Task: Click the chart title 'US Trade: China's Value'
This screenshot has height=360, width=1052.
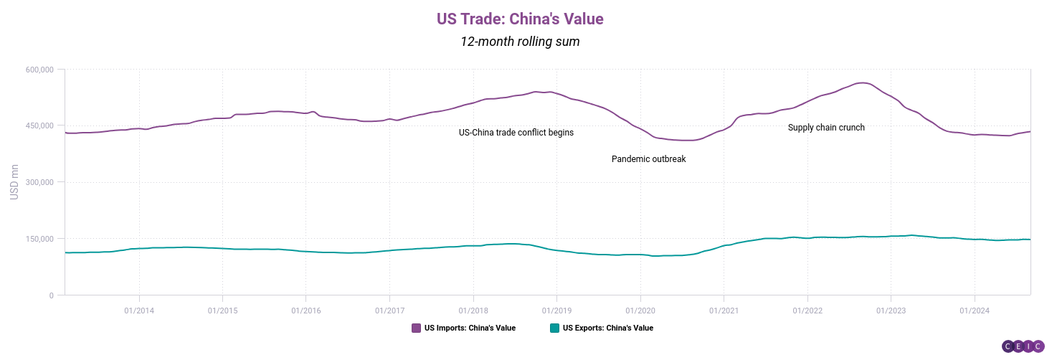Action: pos(520,19)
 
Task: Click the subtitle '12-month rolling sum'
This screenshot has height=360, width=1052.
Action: pos(520,42)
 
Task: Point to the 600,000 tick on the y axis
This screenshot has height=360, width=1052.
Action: pos(39,70)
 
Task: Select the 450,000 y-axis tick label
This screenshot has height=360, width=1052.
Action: pos(39,126)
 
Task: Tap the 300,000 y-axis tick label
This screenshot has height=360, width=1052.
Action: pos(39,182)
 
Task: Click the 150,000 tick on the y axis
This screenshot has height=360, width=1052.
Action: pos(39,239)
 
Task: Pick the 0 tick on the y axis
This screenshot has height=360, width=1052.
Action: pos(51,295)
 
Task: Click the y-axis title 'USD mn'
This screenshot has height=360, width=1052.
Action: pos(14,182)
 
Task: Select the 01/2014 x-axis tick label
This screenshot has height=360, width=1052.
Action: pos(138,310)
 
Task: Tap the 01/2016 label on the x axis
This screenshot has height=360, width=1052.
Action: pos(305,310)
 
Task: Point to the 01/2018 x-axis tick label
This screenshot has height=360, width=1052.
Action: pos(473,310)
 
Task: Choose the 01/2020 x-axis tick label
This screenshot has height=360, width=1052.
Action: pos(640,310)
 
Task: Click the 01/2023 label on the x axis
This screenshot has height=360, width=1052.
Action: pos(891,310)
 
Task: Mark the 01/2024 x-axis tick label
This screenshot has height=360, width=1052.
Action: pos(974,310)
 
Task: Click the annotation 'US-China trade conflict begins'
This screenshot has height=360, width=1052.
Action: pos(516,133)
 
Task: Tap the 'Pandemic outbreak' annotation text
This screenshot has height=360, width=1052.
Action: pos(648,159)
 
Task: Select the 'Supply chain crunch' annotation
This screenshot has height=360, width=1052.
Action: pos(826,128)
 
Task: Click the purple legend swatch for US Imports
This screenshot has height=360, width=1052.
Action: pos(416,328)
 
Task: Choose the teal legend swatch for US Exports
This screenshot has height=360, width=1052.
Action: pos(554,328)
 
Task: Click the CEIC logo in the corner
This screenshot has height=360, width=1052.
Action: pos(1023,346)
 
